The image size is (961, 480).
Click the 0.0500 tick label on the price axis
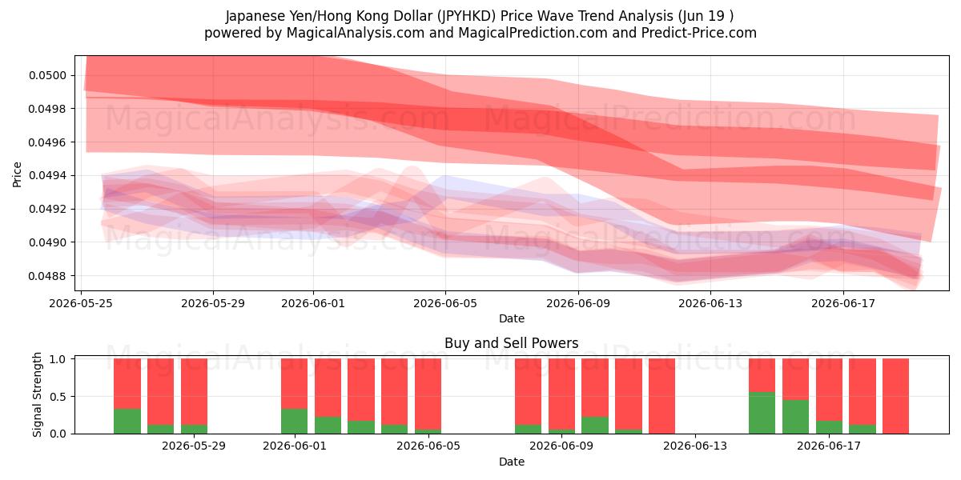pyautogui.click(x=47, y=76)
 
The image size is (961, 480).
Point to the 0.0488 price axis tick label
pyautogui.click(x=47, y=276)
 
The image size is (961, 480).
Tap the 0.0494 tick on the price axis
pyautogui.click(x=47, y=176)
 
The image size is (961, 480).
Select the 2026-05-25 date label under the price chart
pyautogui.click(x=81, y=303)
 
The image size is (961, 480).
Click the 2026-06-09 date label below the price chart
pyautogui.click(x=578, y=303)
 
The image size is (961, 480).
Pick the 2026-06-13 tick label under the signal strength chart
pyautogui.click(x=695, y=446)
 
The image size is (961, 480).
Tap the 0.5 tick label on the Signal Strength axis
pyautogui.click(x=58, y=397)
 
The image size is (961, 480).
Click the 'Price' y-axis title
pyautogui.click(x=17, y=174)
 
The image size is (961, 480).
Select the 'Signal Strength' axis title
pyautogui.click(x=38, y=394)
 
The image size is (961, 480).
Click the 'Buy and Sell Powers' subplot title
pyautogui.click(x=512, y=343)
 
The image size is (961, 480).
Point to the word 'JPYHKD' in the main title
pyautogui.click(x=466, y=16)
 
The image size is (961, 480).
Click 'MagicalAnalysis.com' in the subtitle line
pyautogui.click(x=356, y=33)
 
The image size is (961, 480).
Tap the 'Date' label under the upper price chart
pyautogui.click(x=512, y=318)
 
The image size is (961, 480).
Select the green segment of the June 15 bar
pyautogui.click(x=762, y=413)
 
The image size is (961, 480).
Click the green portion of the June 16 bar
pyautogui.click(x=795, y=417)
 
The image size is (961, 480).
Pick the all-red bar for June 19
pyautogui.click(x=896, y=396)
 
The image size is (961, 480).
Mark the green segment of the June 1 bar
pyautogui.click(x=295, y=422)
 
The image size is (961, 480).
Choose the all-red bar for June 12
pyautogui.click(x=662, y=396)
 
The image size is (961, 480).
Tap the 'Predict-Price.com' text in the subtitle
pyautogui.click(x=699, y=33)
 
